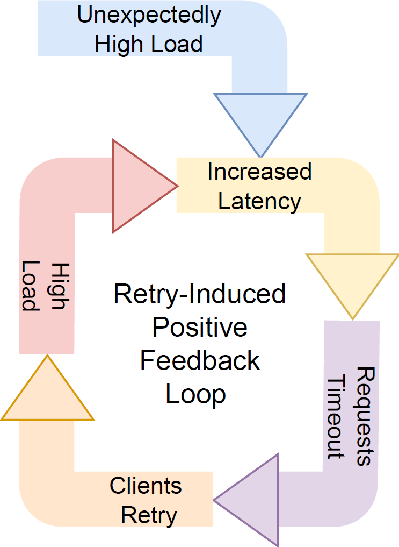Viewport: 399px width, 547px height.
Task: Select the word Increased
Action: [x=259, y=172]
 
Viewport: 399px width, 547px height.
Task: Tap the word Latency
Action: [x=259, y=202]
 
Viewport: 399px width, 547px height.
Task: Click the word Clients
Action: [x=146, y=486]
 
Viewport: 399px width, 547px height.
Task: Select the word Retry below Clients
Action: [x=149, y=516]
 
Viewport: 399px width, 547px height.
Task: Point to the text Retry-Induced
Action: [x=200, y=295]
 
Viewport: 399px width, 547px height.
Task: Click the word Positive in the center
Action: [x=200, y=328]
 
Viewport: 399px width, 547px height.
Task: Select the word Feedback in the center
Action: [x=200, y=361]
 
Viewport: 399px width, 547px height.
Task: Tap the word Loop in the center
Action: [x=195, y=394]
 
